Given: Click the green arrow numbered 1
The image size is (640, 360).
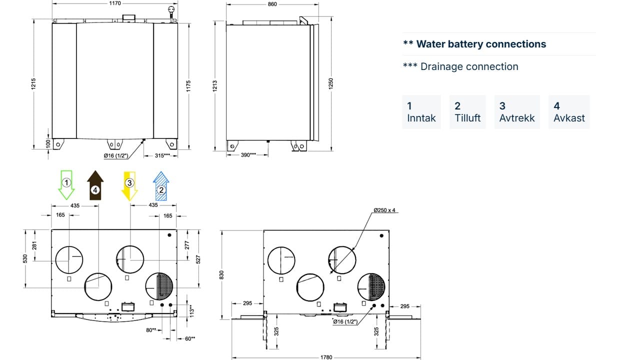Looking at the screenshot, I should pos(67,184).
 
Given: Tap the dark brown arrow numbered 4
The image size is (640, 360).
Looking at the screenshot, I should pos(95,185).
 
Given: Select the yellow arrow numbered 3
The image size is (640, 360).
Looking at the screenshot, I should pos(129,185).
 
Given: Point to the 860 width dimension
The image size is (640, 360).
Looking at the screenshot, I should pos(272,4).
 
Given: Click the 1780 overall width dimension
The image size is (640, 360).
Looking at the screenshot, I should pos(325,357).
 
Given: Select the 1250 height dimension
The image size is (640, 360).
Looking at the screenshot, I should pos(330,84).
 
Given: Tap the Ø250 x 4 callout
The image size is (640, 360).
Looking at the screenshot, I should pos(384,210).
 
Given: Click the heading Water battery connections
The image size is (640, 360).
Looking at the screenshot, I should pos(474,44).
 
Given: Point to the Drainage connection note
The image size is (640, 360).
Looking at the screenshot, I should pos(460,66).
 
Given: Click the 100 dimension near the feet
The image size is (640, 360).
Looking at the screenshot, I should pos(48,143).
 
